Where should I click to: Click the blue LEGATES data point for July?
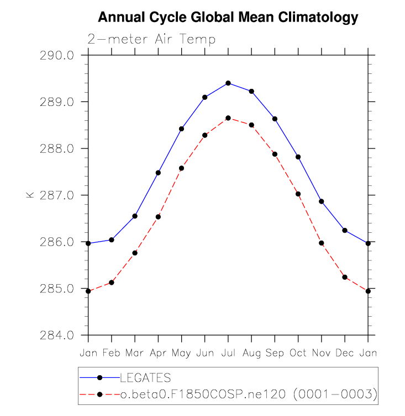228,83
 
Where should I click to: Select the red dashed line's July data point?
228,118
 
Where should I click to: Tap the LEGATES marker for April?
158,173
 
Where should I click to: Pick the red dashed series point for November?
322,243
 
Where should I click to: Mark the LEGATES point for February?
112,240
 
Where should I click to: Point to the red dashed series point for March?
135,253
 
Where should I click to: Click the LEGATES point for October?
298,157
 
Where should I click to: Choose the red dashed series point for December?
345,277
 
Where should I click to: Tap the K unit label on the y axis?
30,195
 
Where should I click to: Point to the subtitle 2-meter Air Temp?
151,40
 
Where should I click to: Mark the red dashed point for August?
251,125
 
